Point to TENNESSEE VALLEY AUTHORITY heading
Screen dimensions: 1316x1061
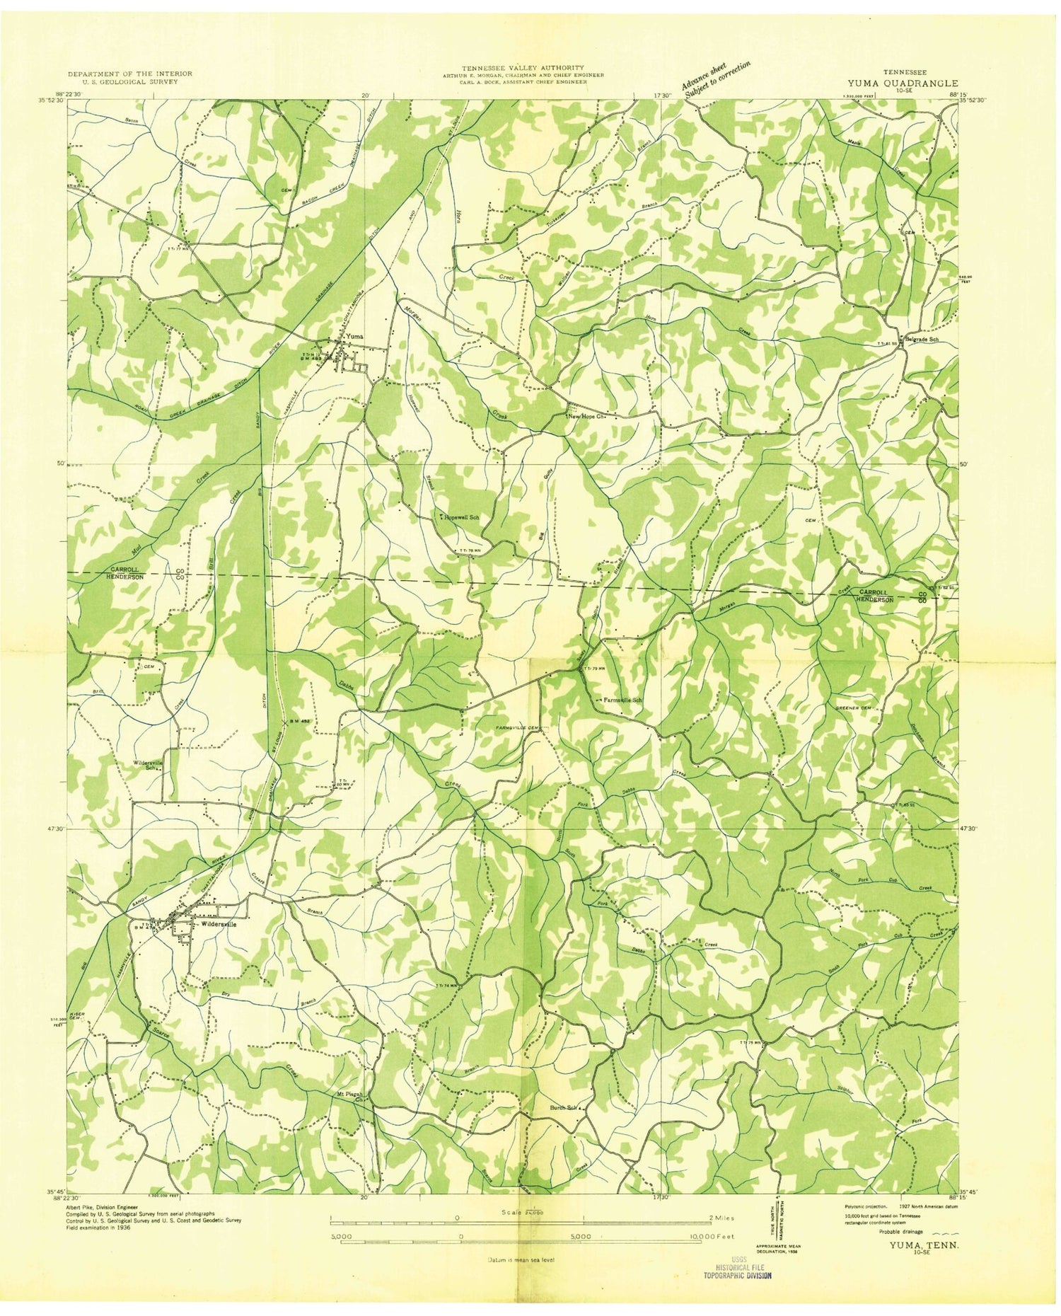coord(523,67)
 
